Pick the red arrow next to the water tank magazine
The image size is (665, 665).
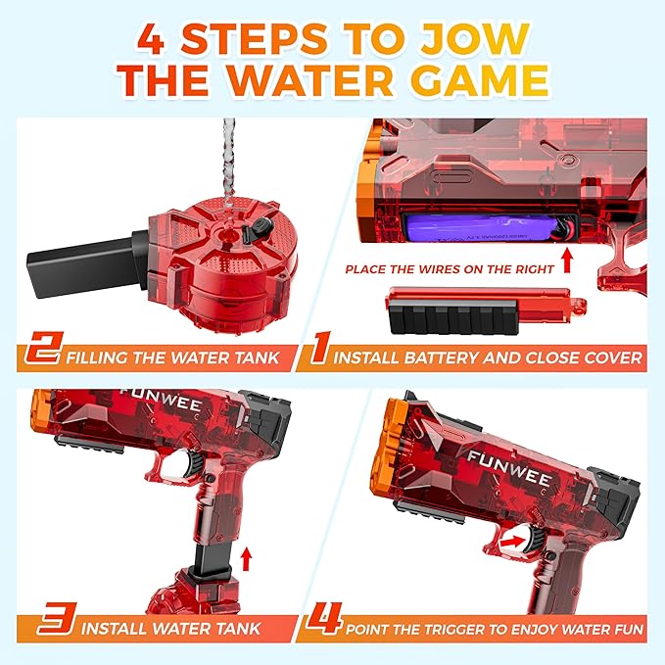(x=247, y=559)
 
